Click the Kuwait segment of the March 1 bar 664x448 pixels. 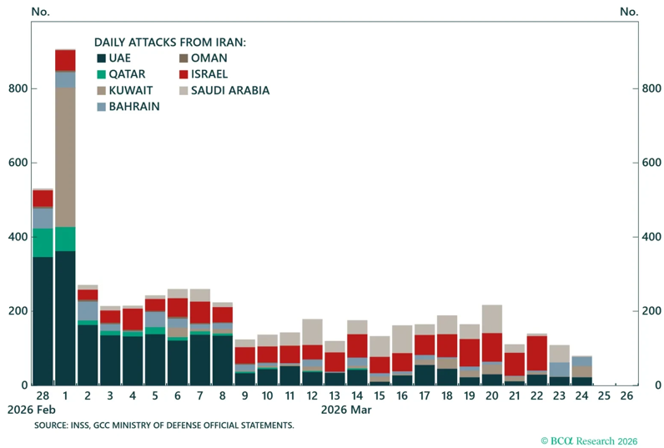click(65, 158)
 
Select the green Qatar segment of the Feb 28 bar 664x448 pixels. click(43, 243)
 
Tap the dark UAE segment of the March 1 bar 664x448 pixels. click(65, 318)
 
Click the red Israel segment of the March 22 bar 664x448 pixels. click(537, 353)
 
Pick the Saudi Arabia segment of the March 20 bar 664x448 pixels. click(492, 319)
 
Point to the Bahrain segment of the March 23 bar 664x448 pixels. click(560, 370)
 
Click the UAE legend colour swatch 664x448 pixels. click(101, 58)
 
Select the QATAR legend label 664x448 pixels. click(127, 74)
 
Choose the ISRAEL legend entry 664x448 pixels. click(204, 74)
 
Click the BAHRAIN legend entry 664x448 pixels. click(128, 106)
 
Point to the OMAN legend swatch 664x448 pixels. click(184, 58)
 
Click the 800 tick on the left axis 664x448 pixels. click(18, 88)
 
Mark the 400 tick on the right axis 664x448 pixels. click(651, 237)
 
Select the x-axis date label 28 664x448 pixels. click(43, 396)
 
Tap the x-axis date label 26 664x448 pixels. click(626, 396)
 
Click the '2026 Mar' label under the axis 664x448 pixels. click(346, 410)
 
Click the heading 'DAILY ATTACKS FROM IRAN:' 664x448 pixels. click(170, 43)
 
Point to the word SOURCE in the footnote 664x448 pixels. click(50, 425)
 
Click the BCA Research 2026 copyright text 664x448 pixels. click(589, 440)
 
